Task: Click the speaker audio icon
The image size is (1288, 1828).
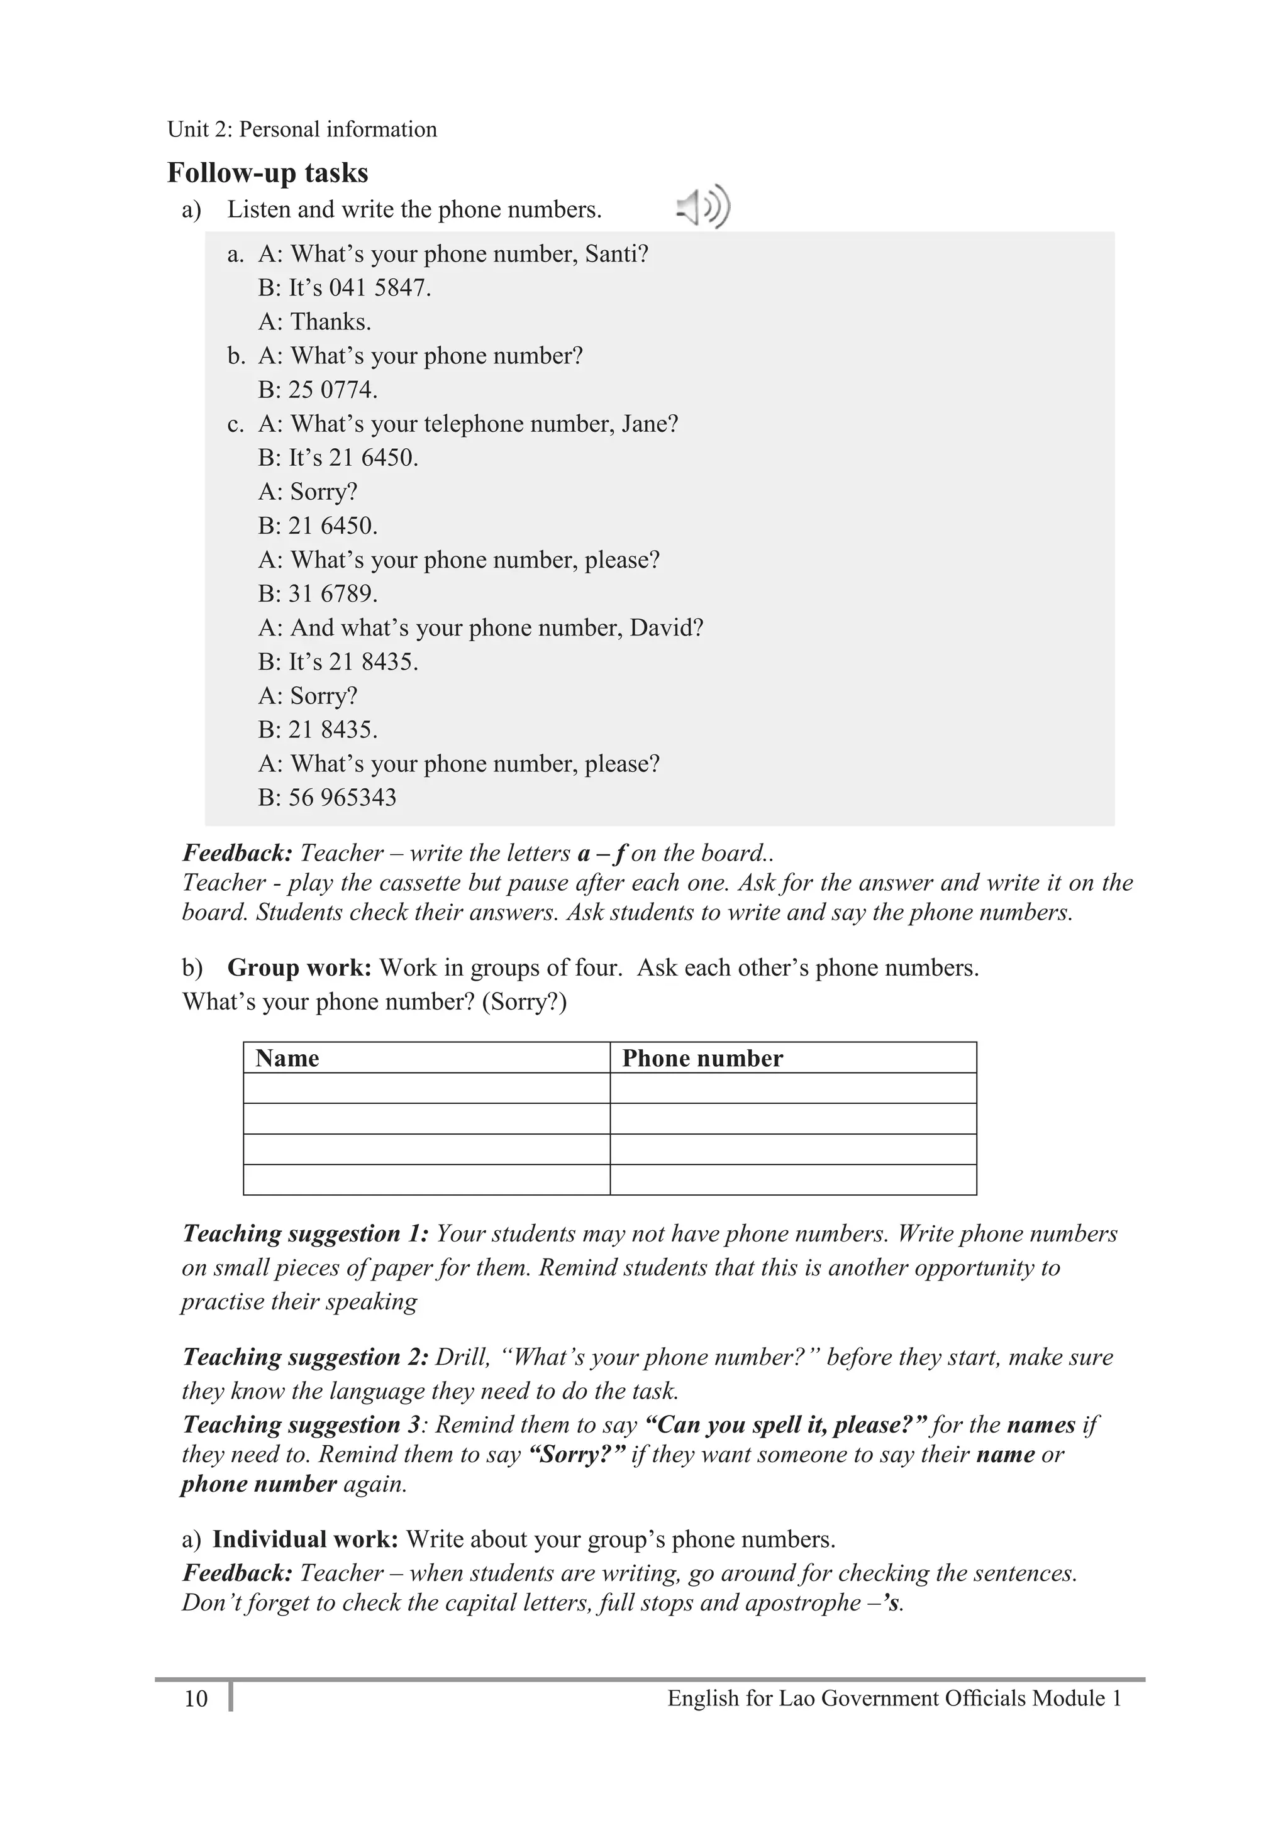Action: (x=703, y=208)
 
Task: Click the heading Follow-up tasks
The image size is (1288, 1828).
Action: (x=268, y=173)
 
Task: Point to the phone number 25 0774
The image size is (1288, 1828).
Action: (x=332, y=389)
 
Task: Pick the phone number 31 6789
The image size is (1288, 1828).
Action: (x=332, y=594)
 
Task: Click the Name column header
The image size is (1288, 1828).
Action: (x=287, y=1058)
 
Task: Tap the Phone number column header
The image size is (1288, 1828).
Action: (x=702, y=1058)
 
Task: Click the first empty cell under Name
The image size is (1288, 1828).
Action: (x=426, y=1088)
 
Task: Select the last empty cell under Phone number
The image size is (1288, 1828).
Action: (x=792, y=1180)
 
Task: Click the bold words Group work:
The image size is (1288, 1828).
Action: (x=299, y=967)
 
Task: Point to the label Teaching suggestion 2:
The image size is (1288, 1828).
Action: (x=305, y=1357)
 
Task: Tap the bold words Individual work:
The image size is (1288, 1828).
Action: (x=305, y=1539)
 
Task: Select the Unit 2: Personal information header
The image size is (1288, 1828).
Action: (x=302, y=129)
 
